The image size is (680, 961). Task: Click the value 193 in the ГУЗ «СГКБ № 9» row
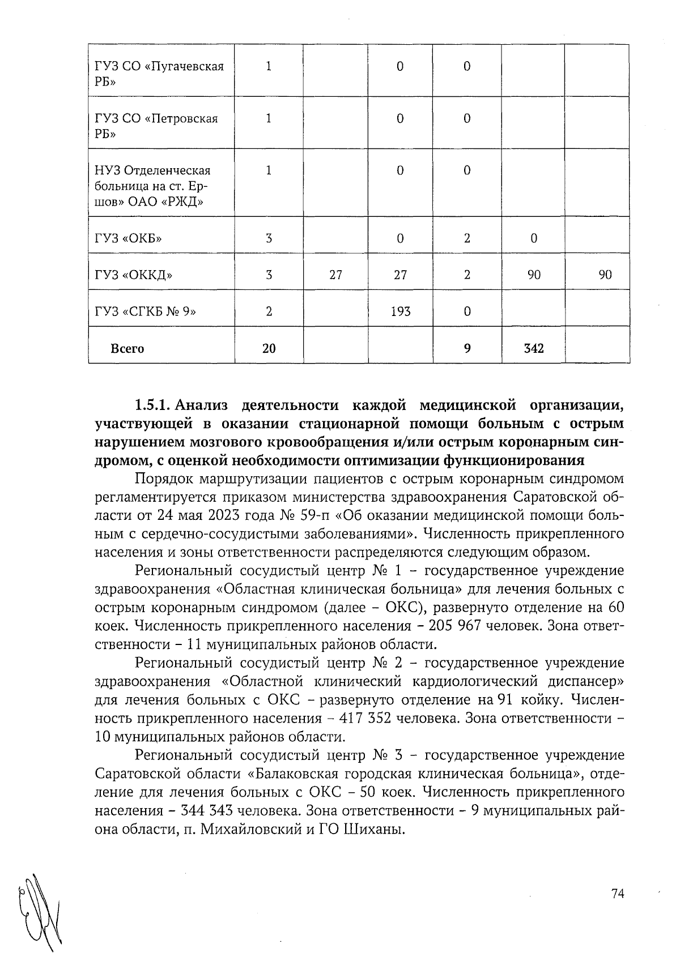point(400,311)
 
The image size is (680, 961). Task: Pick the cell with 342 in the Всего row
point(533,348)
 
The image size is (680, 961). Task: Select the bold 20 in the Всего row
point(269,348)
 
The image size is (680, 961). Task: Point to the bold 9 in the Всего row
point(467,348)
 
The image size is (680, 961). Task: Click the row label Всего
point(127,348)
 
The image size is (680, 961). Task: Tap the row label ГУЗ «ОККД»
point(134,275)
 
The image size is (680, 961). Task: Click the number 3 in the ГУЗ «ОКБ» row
point(269,238)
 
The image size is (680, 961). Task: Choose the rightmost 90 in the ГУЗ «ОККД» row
point(605,275)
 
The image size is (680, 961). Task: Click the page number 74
point(617,894)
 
